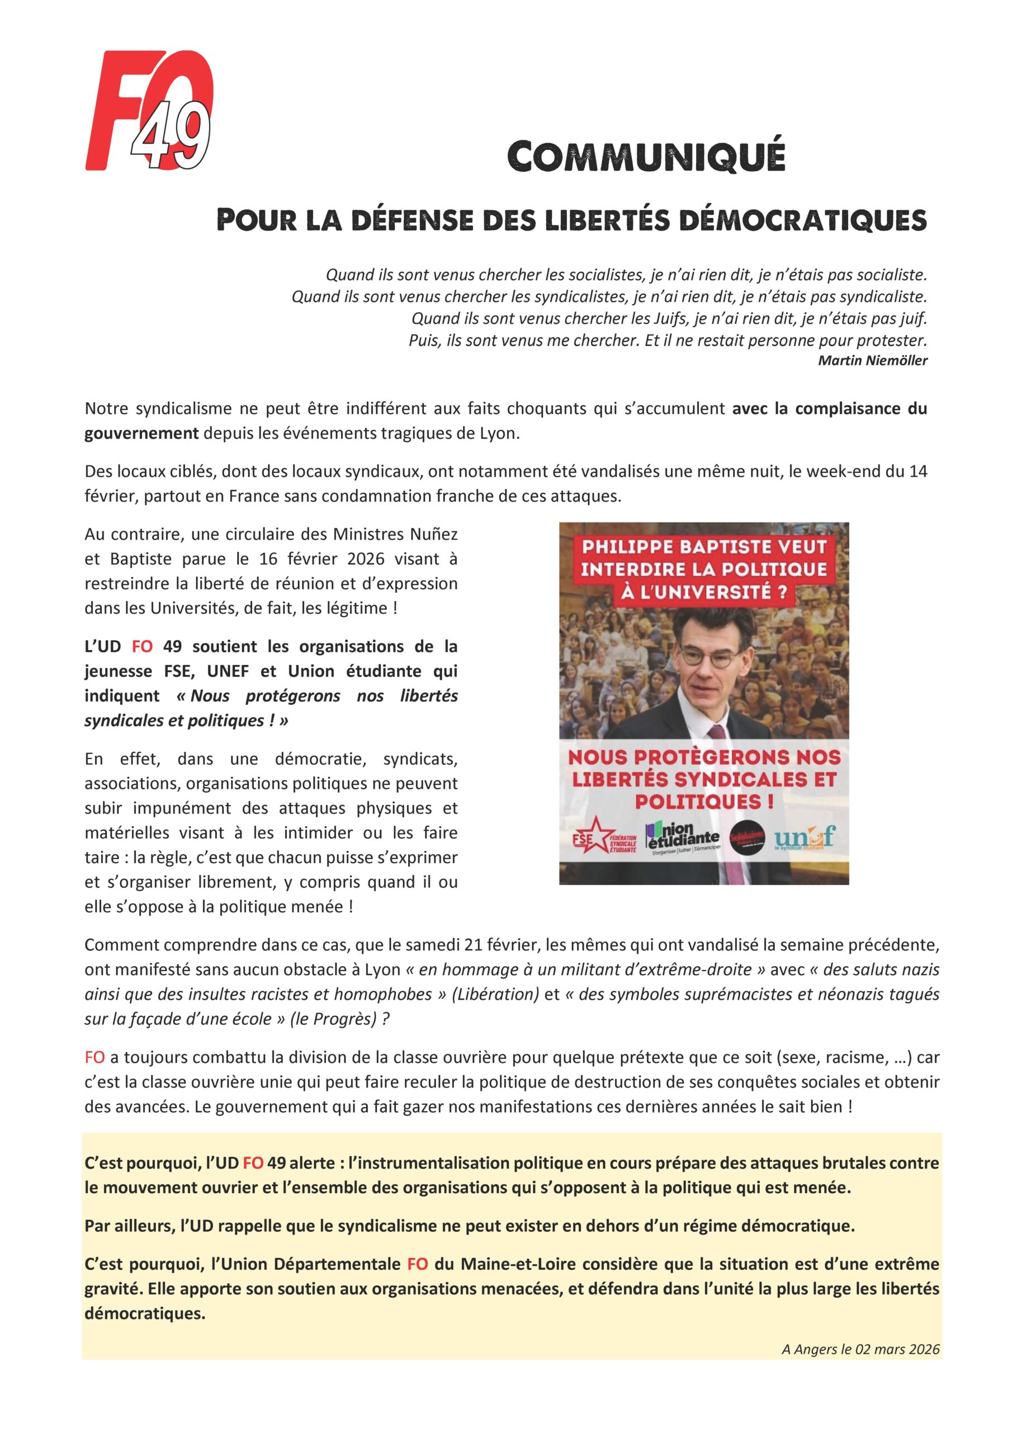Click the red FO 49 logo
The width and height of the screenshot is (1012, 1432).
click(x=150, y=111)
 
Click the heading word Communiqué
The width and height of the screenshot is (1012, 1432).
click(x=645, y=157)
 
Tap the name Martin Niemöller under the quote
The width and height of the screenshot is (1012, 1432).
click(x=872, y=360)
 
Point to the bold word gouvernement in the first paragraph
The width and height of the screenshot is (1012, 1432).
click(x=141, y=434)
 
